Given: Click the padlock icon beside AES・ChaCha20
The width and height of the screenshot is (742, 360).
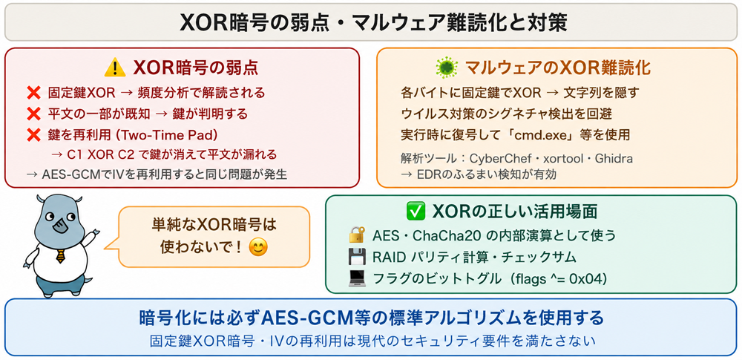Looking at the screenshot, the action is click(x=356, y=235).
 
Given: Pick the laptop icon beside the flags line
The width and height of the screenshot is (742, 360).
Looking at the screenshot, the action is click(x=356, y=278).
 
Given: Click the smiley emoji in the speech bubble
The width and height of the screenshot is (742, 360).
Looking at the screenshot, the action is click(x=258, y=246).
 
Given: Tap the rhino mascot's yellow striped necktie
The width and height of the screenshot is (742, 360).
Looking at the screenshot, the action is click(x=60, y=256).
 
